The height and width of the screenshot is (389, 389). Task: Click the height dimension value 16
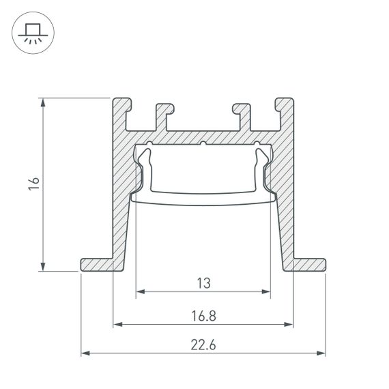[35, 184]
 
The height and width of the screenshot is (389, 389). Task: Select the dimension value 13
[203, 281]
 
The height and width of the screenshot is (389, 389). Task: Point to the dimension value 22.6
[203, 345]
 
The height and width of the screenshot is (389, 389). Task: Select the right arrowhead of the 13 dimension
[266, 292]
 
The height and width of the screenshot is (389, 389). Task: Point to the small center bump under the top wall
[203, 144]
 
